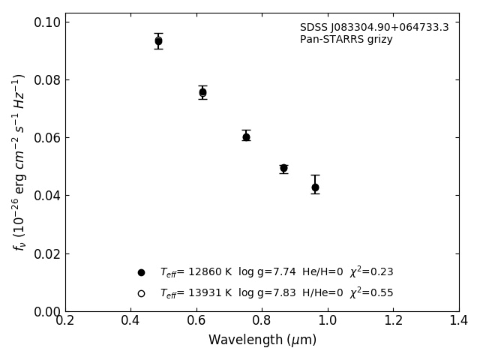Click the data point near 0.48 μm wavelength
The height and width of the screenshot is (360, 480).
[x=158, y=41]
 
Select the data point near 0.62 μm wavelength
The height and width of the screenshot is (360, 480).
[x=202, y=92]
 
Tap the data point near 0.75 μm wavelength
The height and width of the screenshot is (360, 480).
[x=246, y=136]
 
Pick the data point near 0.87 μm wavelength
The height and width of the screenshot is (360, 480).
[x=283, y=168]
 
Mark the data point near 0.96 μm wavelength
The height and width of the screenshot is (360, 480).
[x=315, y=187]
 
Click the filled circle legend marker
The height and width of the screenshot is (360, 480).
[x=141, y=272]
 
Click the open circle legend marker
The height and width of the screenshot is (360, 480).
[x=141, y=293]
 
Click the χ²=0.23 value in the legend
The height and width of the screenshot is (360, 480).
[x=371, y=272]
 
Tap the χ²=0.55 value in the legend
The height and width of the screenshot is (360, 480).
[x=371, y=293]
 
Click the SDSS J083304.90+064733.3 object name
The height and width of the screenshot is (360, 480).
[x=374, y=28]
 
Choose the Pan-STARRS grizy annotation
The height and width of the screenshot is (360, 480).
[x=346, y=40]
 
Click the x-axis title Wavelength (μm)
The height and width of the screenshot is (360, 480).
[x=262, y=340]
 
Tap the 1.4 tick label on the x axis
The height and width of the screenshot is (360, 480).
[x=459, y=321]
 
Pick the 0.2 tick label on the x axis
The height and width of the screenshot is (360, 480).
[x=65, y=321]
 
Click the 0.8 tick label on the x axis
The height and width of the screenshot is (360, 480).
[x=262, y=321]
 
